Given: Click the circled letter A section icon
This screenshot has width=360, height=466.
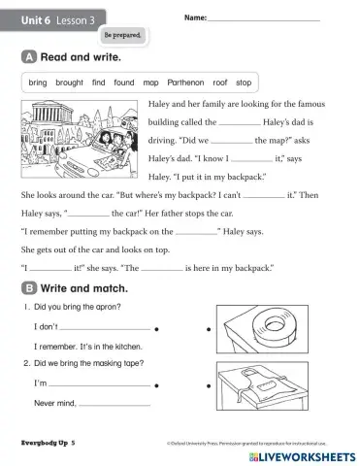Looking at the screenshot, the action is pyautogui.click(x=27, y=58).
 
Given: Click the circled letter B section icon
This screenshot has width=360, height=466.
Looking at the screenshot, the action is pyautogui.click(x=27, y=288).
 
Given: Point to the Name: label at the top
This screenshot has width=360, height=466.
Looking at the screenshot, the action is pyautogui.click(x=194, y=18).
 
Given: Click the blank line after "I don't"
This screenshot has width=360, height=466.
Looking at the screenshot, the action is pyautogui.click(x=105, y=329).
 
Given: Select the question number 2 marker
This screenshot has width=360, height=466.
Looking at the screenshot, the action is pyautogui.click(x=26, y=363).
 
